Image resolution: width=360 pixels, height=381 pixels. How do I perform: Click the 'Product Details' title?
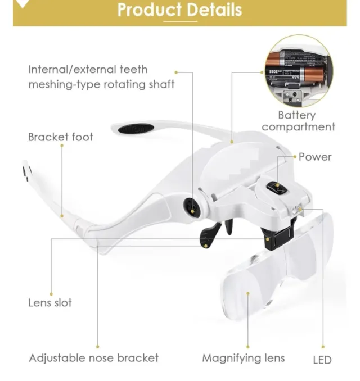point(180,10)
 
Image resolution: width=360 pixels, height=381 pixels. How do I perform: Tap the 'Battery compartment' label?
point(298,121)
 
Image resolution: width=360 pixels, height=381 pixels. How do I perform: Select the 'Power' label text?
point(315,157)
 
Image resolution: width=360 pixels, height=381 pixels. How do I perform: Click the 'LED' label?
point(322,360)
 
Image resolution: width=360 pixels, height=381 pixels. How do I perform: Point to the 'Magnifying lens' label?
point(244,358)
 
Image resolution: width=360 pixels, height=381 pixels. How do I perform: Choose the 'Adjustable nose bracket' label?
point(94,358)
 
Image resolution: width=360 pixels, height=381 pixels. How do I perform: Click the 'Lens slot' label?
point(50,303)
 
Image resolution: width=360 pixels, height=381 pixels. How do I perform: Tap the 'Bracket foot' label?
point(61,137)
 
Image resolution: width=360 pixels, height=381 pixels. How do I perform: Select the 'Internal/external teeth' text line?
point(88,70)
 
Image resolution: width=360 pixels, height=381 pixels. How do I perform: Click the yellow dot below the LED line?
point(323,347)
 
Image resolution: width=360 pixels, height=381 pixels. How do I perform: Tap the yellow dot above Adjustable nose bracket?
point(97,347)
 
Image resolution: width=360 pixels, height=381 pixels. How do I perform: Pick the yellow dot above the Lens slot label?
point(51,291)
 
